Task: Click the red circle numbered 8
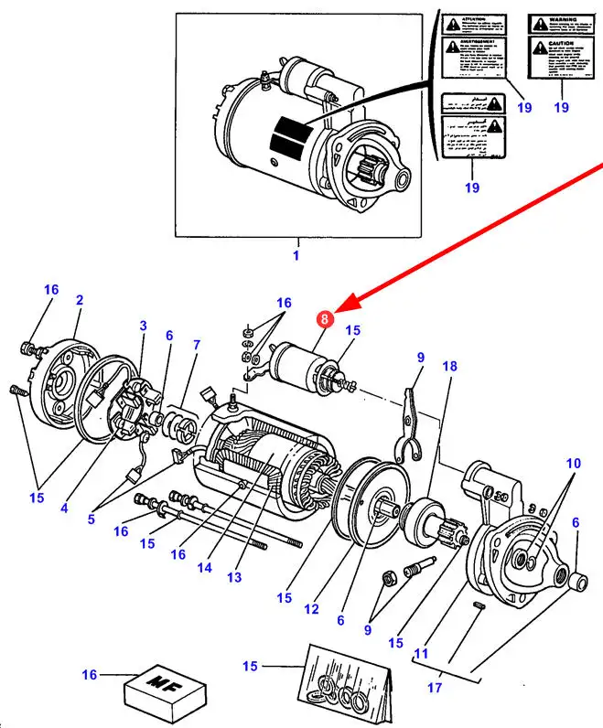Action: pyautogui.click(x=324, y=319)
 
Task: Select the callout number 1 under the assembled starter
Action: pyautogui.click(x=296, y=255)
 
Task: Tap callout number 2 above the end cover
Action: pyautogui.click(x=80, y=299)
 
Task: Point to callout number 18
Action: pyautogui.click(x=449, y=366)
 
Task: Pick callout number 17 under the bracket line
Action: pyautogui.click(x=434, y=686)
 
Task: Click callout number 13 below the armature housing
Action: pyautogui.click(x=235, y=576)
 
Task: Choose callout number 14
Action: pyautogui.click(x=205, y=567)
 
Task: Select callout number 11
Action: pyautogui.click(x=422, y=653)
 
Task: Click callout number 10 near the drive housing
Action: pyautogui.click(x=572, y=464)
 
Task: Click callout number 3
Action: pyautogui.click(x=143, y=326)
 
